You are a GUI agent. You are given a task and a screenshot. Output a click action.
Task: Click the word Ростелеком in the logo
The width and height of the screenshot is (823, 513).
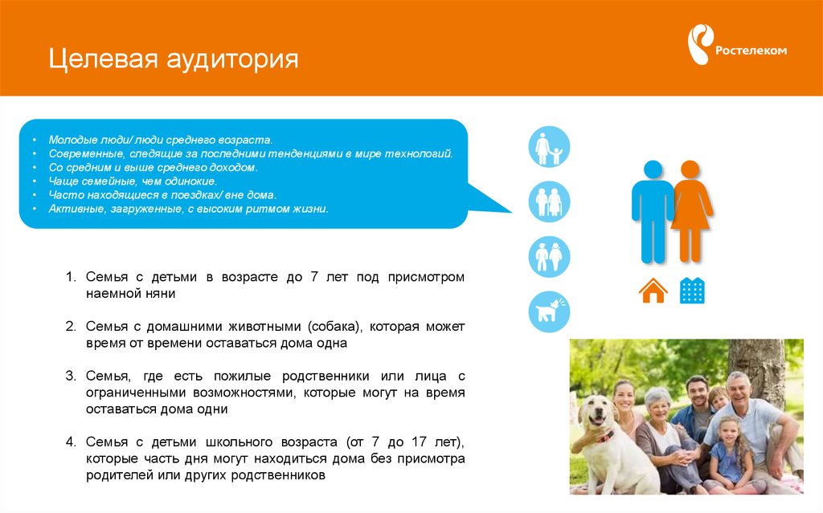(751, 51)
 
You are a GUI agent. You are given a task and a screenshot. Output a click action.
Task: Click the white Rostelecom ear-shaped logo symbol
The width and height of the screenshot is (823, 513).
(700, 44)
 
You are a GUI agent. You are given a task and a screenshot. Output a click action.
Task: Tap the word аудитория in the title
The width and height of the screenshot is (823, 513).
(232, 59)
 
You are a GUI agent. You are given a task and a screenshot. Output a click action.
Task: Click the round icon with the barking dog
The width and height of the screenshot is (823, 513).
(549, 311)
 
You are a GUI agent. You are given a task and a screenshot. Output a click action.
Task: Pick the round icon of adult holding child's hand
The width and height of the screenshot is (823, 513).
(549, 147)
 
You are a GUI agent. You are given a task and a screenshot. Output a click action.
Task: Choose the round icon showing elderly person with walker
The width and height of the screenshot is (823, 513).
(549, 202)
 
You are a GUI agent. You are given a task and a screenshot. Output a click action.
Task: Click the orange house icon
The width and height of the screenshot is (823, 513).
(653, 291)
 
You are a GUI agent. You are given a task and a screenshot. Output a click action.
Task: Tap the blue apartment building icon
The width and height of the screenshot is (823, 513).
(692, 290)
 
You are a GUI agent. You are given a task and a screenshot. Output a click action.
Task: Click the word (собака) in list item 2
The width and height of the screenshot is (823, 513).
(336, 327)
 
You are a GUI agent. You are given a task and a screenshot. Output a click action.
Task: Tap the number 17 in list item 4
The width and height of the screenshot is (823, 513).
(419, 442)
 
